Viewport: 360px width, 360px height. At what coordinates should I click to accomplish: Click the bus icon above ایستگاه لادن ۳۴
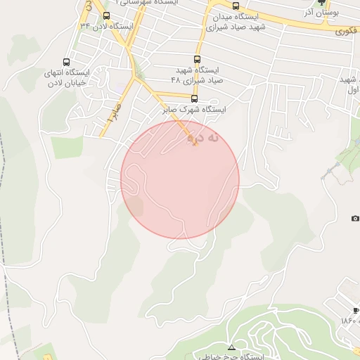(x=106, y=15)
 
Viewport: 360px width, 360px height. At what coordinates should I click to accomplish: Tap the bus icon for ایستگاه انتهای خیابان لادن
(x=67, y=62)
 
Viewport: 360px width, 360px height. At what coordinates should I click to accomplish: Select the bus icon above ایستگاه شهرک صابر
(x=195, y=98)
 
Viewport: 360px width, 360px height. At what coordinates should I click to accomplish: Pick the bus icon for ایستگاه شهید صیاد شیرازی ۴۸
(x=196, y=60)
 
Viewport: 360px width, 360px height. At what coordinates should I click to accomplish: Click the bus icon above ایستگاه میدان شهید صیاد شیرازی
(x=235, y=6)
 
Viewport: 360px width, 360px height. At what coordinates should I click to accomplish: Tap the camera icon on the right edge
(x=356, y=219)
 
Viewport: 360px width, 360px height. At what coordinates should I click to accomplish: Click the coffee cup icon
(x=356, y=310)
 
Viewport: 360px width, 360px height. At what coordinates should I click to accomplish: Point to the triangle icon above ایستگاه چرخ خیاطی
(x=231, y=347)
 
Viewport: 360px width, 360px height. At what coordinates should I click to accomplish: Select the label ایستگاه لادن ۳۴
(x=106, y=26)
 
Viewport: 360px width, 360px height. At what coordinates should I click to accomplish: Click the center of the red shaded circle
(x=180, y=179)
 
